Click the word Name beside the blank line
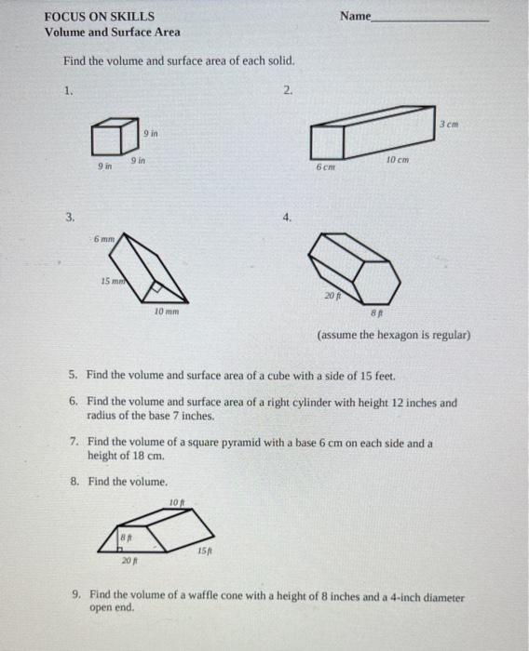356,16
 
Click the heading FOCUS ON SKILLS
100,17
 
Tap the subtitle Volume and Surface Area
113,33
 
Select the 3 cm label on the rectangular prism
449,124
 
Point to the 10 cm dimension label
398,160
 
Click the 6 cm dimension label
325,166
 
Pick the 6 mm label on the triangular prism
104,239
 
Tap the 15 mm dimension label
113,281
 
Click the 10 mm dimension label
167,312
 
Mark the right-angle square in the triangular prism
156,286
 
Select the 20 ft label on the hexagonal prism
332,296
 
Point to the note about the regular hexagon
394,335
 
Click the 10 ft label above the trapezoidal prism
177,502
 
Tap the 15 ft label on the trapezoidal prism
205,551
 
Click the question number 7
75,442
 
